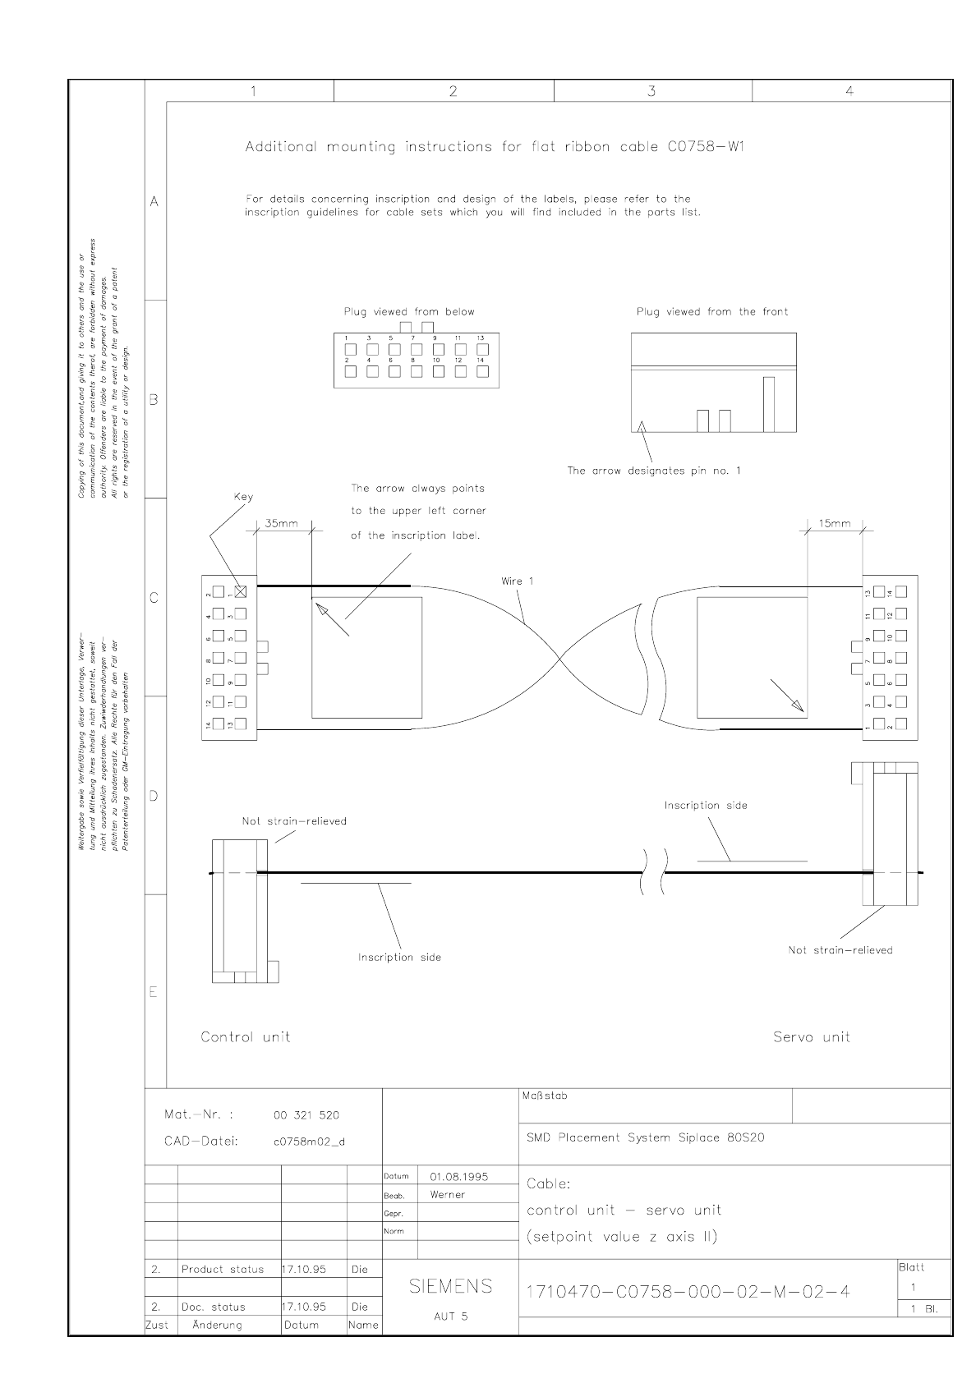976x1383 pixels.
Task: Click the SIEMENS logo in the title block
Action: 450,1286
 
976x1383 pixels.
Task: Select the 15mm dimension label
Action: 835,524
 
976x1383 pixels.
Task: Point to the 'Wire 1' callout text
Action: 518,581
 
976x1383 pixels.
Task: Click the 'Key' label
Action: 243,497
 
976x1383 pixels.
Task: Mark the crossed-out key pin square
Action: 241,591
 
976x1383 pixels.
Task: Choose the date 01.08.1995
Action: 458,1176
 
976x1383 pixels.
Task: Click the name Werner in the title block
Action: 447,1195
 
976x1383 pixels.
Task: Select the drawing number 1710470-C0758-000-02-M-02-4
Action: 688,1293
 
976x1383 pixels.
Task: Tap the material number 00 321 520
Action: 306,1115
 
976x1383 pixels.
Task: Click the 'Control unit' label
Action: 246,1037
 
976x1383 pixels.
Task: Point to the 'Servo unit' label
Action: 811,1037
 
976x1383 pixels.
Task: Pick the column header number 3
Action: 651,92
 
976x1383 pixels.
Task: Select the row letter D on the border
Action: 154,796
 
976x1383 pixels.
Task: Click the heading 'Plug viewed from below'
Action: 408,312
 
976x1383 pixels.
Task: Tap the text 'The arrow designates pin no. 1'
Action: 653,471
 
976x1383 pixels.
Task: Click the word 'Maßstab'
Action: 544,1096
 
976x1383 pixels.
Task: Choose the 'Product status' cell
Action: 223,1270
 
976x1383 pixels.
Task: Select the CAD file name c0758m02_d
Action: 309,1142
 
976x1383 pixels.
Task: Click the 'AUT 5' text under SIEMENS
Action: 450,1316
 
